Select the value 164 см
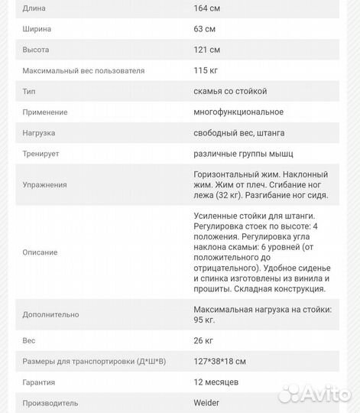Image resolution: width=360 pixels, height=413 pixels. tap(207, 8)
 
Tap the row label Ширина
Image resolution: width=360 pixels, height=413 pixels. tap(37, 29)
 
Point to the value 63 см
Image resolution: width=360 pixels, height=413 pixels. tap(205, 29)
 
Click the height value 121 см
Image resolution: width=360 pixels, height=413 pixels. tap(207, 50)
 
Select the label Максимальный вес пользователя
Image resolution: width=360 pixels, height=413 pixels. tap(83, 71)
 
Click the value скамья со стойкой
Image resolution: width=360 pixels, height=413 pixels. tap(230, 91)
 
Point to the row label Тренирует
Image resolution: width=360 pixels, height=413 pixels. tap(41, 154)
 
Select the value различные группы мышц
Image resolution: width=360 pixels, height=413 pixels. tap(243, 153)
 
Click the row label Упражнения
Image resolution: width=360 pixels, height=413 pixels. tap(44, 184)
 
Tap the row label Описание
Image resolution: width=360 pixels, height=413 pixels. tap(40, 252)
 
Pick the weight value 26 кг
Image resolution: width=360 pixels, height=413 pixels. tap(204, 339)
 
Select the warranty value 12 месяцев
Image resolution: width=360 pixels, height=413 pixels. tap(216, 381)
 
